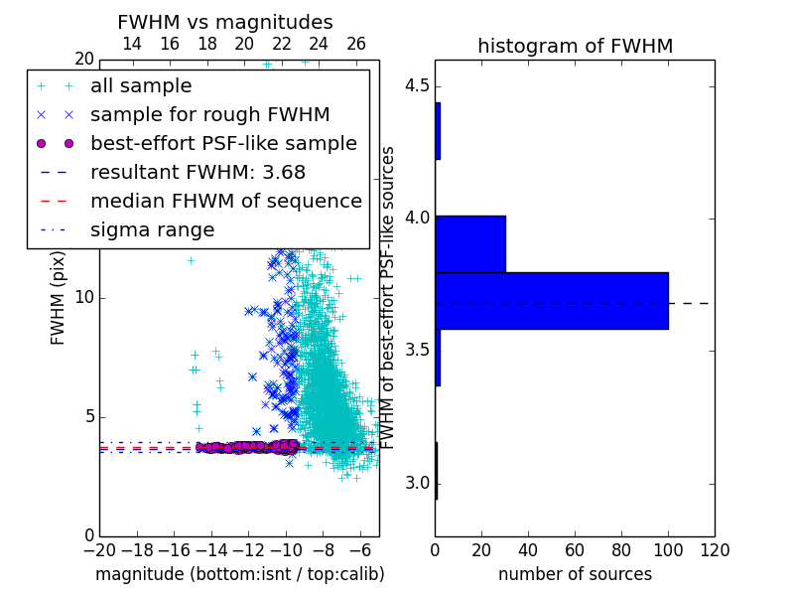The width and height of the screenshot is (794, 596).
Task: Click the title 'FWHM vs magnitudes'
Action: (x=225, y=22)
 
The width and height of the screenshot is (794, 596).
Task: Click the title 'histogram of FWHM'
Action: (x=576, y=46)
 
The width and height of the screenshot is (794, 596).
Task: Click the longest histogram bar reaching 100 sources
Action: (x=552, y=301)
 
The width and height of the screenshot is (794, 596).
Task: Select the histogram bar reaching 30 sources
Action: (x=470, y=244)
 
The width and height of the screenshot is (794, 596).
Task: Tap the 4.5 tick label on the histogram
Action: (x=417, y=85)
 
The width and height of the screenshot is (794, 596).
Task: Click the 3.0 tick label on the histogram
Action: (x=417, y=483)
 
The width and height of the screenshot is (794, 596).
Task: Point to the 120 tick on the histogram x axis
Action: (x=715, y=550)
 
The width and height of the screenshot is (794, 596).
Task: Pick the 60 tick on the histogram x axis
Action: (x=576, y=550)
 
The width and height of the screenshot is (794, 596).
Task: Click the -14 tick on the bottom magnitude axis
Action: (x=211, y=550)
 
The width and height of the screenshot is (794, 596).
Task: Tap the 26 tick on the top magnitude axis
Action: (x=356, y=44)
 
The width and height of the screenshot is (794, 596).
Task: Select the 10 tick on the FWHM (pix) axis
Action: (x=84, y=297)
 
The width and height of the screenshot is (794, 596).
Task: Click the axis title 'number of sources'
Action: (x=576, y=574)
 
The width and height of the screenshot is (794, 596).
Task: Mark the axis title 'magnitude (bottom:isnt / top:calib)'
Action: (x=240, y=574)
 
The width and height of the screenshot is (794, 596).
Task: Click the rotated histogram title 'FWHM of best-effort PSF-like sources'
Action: (x=387, y=298)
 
